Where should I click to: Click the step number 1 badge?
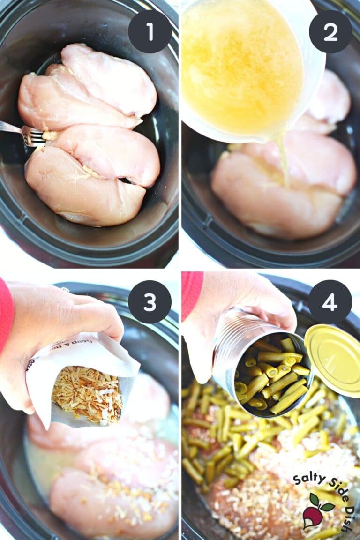click(150, 31)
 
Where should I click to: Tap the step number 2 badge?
click(330, 31)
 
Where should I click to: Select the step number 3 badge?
click(150, 302)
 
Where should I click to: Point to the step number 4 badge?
click(330, 302)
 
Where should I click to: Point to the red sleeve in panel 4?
click(192, 293)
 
